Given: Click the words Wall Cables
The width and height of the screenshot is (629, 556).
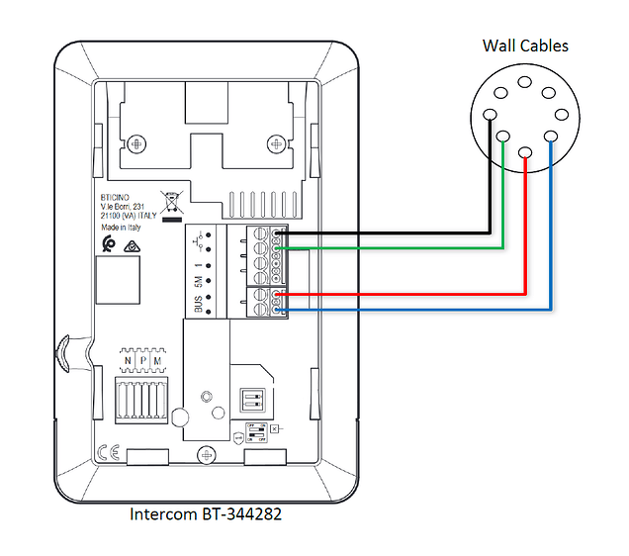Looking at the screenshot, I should [x=525, y=46].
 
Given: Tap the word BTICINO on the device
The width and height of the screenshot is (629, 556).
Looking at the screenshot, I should [x=117, y=195].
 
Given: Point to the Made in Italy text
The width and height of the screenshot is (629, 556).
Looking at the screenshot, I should [x=121, y=227].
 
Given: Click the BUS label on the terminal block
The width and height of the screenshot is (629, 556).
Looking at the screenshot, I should [x=199, y=303].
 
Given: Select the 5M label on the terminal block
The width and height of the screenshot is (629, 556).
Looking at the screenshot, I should [x=199, y=279].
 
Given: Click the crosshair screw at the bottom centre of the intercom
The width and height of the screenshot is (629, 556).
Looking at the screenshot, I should [x=205, y=454].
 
